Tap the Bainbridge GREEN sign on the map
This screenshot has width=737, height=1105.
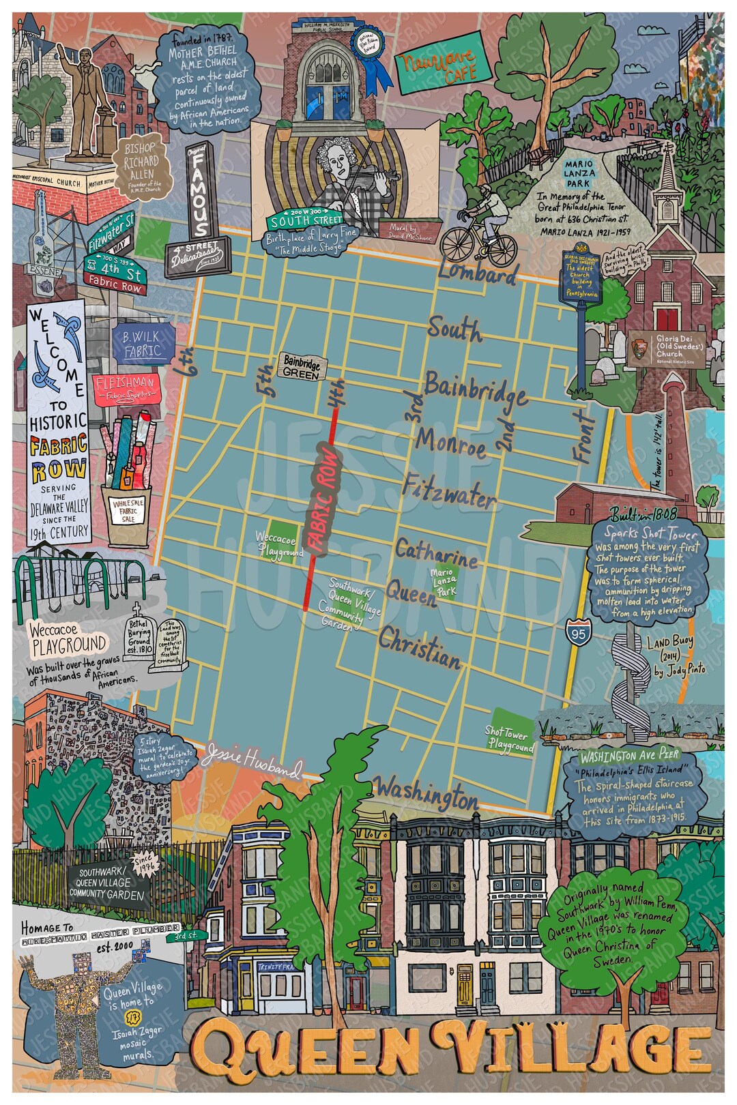point(301,367)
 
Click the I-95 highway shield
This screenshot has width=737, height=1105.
point(576,632)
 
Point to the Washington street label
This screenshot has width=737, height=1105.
point(427,793)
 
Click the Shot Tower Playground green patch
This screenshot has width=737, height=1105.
point(510,739)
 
